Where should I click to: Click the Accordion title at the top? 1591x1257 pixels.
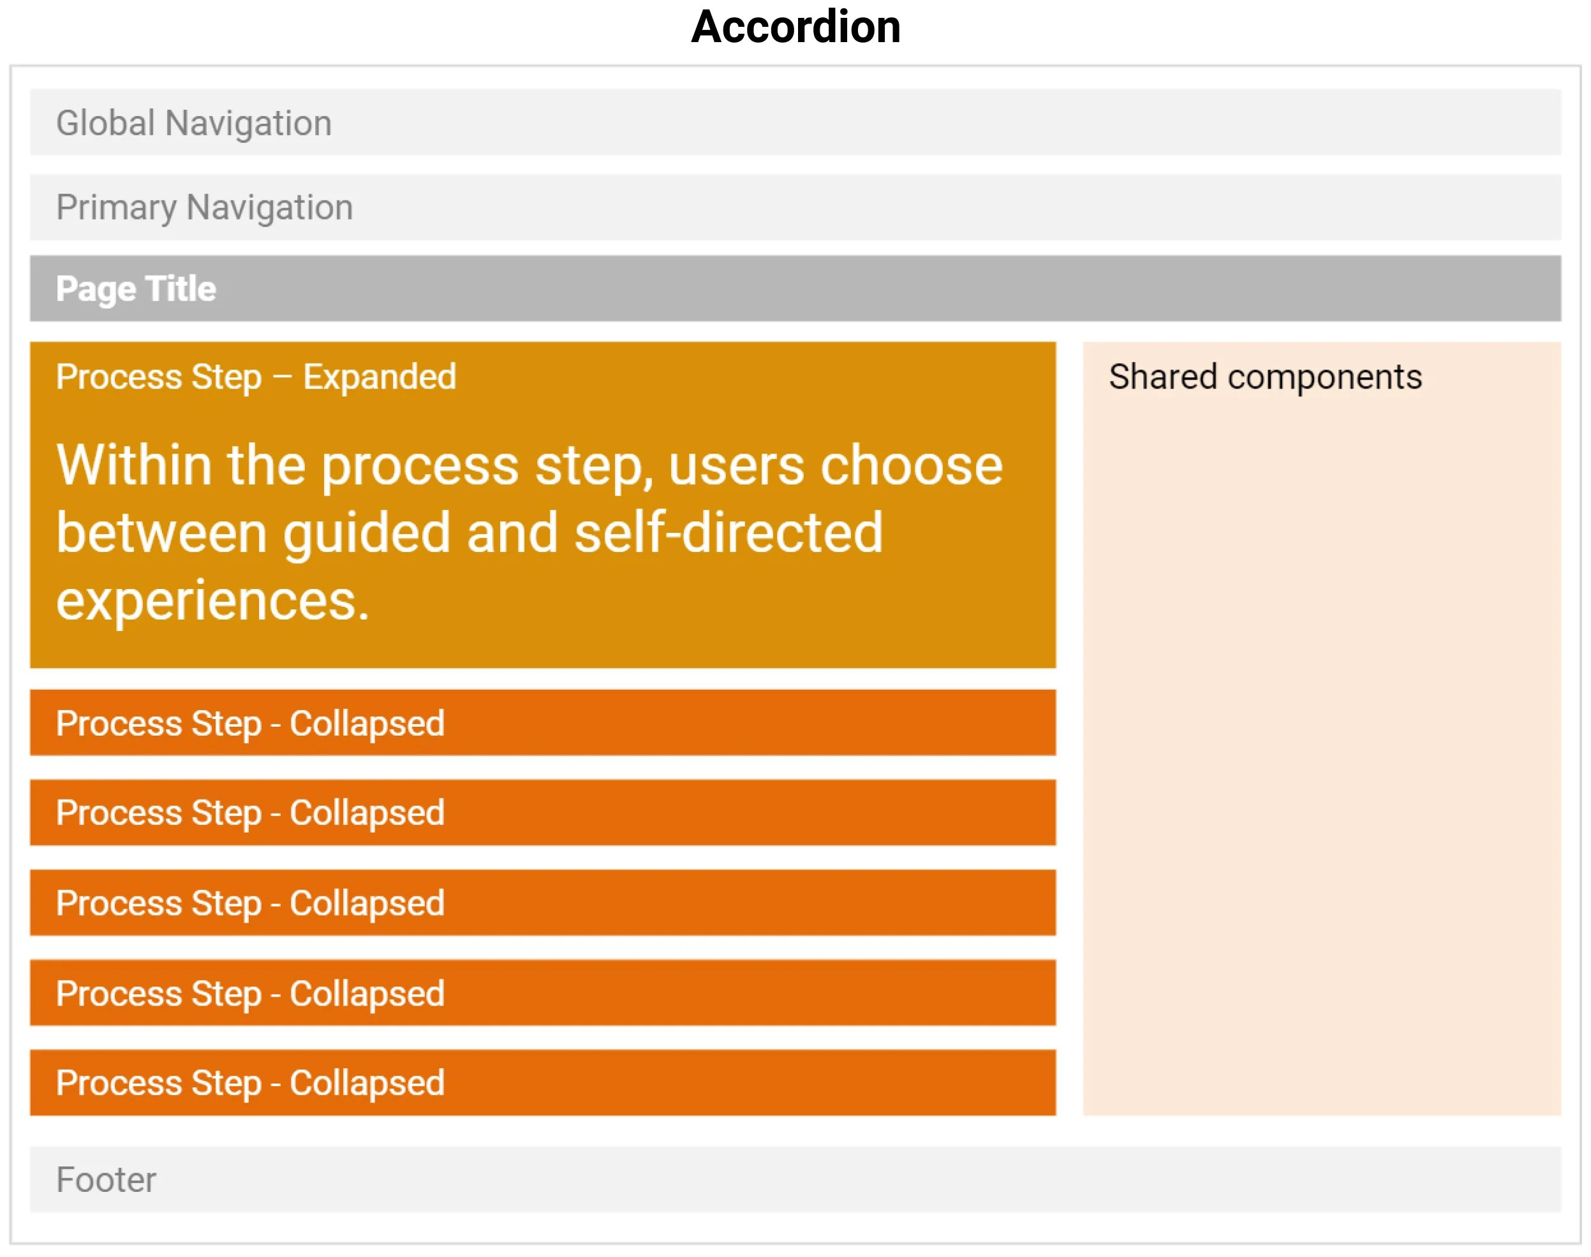(796, 28)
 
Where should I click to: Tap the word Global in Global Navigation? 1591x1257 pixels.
(105, 123)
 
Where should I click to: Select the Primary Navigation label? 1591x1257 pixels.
(205, 207)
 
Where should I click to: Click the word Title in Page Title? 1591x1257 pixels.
(181, 288)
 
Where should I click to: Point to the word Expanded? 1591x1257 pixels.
(380, 377)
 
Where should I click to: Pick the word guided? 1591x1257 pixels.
(366, 533)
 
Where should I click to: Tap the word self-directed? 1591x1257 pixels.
(729, 533)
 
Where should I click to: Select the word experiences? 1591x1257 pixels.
(212, 600)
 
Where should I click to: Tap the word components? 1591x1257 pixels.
(1324, 377)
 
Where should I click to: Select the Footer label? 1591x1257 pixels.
(106, 1180)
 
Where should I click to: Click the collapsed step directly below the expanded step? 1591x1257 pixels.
(542, 723)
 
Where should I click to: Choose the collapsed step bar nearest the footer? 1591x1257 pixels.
(542, 1083)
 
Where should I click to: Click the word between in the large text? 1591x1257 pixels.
(162, 533)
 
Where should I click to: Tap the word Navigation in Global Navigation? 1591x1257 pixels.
(249, 123)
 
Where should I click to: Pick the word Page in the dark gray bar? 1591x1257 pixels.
(96, 288)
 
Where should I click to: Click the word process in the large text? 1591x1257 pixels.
(420, 465)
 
